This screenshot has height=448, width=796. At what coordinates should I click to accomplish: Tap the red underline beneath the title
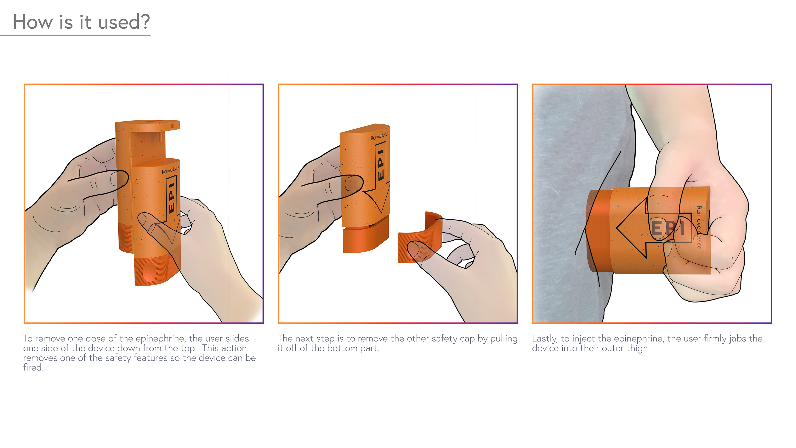tap(75, 35)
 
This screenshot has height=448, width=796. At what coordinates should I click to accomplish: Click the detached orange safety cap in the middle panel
tap(420, 237)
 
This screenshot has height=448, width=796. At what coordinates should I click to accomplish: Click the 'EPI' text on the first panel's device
tap(172, 197)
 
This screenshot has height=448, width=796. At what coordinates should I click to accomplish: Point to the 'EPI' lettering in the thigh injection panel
tap(667, 228)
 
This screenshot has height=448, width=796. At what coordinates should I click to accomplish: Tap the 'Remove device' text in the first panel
tap(170, 170)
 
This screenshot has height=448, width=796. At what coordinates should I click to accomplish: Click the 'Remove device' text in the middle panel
tap(380, 136)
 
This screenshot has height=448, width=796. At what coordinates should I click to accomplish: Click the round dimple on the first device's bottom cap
tap(149, 272)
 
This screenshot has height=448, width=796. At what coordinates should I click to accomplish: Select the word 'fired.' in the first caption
tap(33, 367)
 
